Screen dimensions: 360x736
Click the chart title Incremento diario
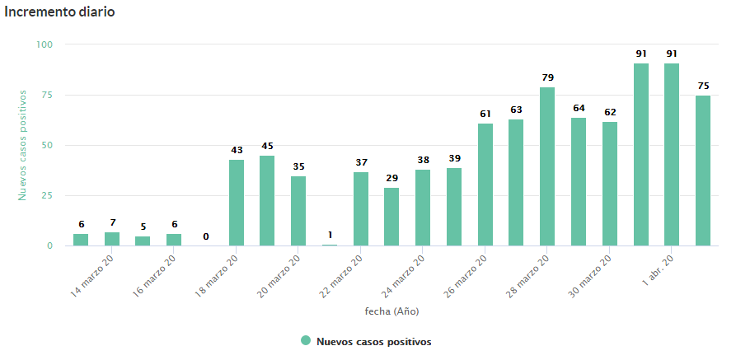point(60,12)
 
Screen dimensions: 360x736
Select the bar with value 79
point(547,166)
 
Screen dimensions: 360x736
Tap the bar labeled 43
point(237,203)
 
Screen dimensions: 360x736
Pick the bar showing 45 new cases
point(267,200)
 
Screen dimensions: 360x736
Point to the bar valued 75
point(703,171)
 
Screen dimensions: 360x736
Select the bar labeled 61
point(485,185)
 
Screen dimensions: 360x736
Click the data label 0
point(205,236)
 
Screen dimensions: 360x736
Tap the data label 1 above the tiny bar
point(330,235)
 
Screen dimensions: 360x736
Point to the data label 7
point(112,223)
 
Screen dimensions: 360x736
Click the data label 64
point(579,108)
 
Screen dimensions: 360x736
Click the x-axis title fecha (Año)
point(392,311)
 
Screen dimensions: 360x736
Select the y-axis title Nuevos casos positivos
point(23,145)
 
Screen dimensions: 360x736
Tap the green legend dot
point(306,341)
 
